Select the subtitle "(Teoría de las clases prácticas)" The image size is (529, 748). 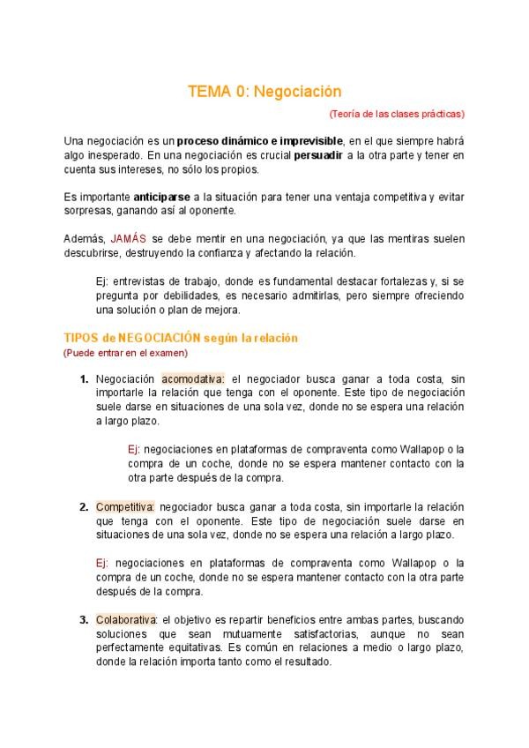pos(397,114)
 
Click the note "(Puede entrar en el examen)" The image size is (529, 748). pos(125,353)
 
